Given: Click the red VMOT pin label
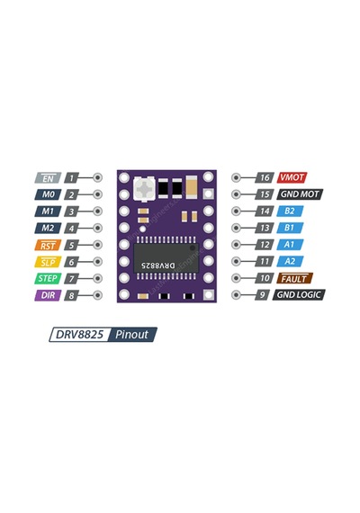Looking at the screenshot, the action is (x=292, y=177).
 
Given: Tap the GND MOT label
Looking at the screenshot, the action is (x=300, y=194).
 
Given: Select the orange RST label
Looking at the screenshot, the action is (x=48, y=245).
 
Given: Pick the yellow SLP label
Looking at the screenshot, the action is (x=48, y=262).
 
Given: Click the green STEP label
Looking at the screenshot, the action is (x=48, y=278).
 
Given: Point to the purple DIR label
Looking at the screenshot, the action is (x=48, y=295).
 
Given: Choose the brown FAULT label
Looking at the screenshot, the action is (x=295, y=278).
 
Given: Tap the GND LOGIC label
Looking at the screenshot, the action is (x=299, y=295).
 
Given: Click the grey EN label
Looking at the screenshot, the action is (x=48, y=178).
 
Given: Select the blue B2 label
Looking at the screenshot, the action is (x=290, y=211).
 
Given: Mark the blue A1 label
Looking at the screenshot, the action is (x=290, y=245).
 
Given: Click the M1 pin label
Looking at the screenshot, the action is (x=48, y=211).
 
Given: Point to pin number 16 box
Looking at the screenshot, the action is (x=265, y=177).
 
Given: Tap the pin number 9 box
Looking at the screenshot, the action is (x=262, y=295).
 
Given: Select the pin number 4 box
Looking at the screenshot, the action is (x=72, y=228).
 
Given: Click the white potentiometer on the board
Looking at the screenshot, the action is (x=144, y=189).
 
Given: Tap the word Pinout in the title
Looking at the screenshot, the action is (x=132, y=335).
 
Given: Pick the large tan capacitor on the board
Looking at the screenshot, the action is (x=191, y=187).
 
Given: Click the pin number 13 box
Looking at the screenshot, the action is (x=265, y=228).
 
